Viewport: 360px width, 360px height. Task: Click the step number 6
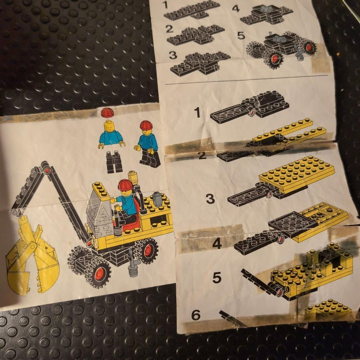click(x=196, y=315)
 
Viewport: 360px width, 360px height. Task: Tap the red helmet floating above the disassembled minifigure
click(x=108, y=113)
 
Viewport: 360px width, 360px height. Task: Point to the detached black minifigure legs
click(x=114, y=162)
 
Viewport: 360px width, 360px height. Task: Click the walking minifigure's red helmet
click(x=146, y=125)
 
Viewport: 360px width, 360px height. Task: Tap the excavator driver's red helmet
click(x=125, y=185)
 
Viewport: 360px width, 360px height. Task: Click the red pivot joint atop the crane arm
click(x=48, y=170)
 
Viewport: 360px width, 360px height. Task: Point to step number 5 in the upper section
click(x=241, y=36)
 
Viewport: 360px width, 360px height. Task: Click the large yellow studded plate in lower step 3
click(x=296, y=174)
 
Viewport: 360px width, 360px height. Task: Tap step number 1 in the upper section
click(x=165, y=4)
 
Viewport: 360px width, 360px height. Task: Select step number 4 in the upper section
click(x=236, y=8)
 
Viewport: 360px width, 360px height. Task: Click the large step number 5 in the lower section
click(x=217, y=278)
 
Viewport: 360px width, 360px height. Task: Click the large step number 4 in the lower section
click(x=217, y=244)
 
